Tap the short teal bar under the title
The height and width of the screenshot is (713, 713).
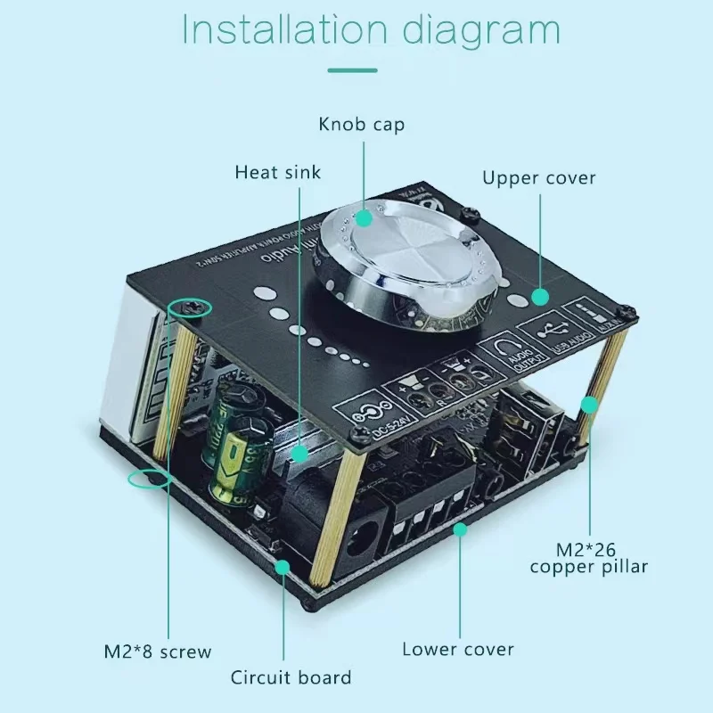click(x=352, y=70)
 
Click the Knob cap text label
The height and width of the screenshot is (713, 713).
click(x=362, y=124)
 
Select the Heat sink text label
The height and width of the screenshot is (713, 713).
click(x=277, y=171)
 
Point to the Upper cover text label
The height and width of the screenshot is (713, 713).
click(x=539, y=177)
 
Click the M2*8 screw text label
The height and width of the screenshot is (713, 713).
click(x=156, y=652)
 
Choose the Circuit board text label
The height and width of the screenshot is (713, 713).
click(x=291, y=677)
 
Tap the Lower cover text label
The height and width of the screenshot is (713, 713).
click(x=457, y=649)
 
